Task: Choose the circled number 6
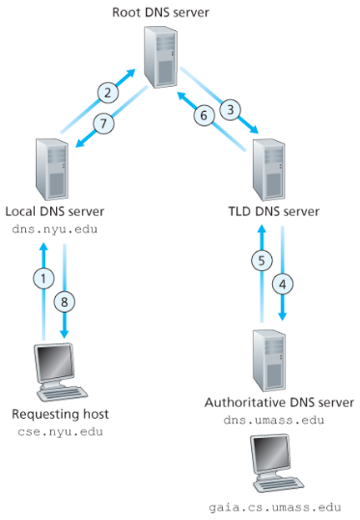(204, 114)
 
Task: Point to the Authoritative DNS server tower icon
(273, 358)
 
